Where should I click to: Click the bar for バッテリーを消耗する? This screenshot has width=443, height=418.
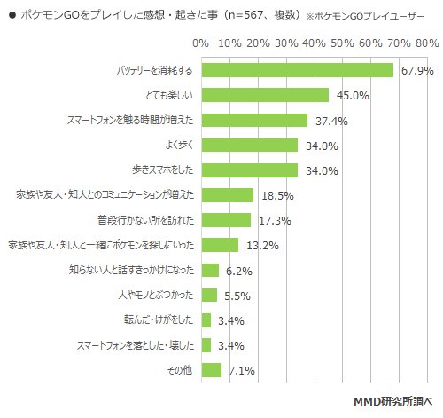297,70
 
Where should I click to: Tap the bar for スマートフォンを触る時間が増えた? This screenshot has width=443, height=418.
254,120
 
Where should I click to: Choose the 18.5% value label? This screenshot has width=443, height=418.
275,195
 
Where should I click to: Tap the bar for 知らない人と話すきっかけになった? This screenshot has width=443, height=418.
210,270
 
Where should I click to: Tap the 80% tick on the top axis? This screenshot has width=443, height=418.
426,43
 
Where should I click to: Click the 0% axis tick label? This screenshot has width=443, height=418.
201,43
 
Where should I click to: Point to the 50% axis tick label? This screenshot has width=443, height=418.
342,43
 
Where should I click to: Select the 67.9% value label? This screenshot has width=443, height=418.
415,71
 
